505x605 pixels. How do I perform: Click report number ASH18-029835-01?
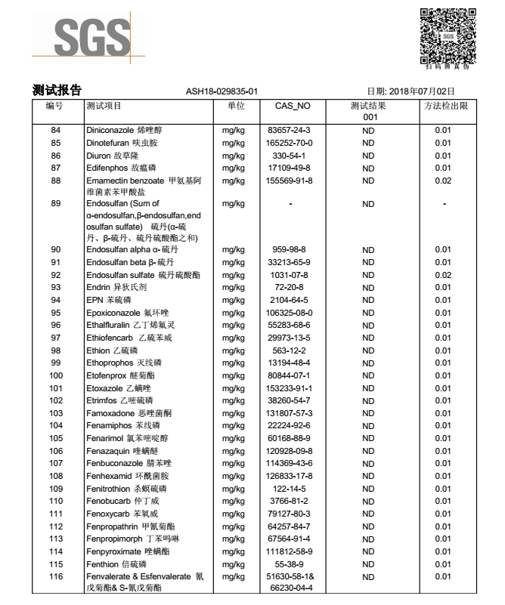point(222,91)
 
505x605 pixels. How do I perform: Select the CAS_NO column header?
point(290,106)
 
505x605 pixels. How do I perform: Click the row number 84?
point(55,130)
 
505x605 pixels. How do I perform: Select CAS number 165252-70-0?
point(290,143)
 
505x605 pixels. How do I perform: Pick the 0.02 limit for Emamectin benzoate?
point(443,181)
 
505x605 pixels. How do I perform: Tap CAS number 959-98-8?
point(290,249)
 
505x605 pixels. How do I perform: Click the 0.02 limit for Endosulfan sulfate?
point(443,274)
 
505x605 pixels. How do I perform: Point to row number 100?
point(55,375)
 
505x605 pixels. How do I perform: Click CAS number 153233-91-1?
point(290,388)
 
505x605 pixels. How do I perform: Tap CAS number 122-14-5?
point(290,489)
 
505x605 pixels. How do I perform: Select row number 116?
point(55,577)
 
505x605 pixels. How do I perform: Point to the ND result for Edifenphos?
point(368,168)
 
